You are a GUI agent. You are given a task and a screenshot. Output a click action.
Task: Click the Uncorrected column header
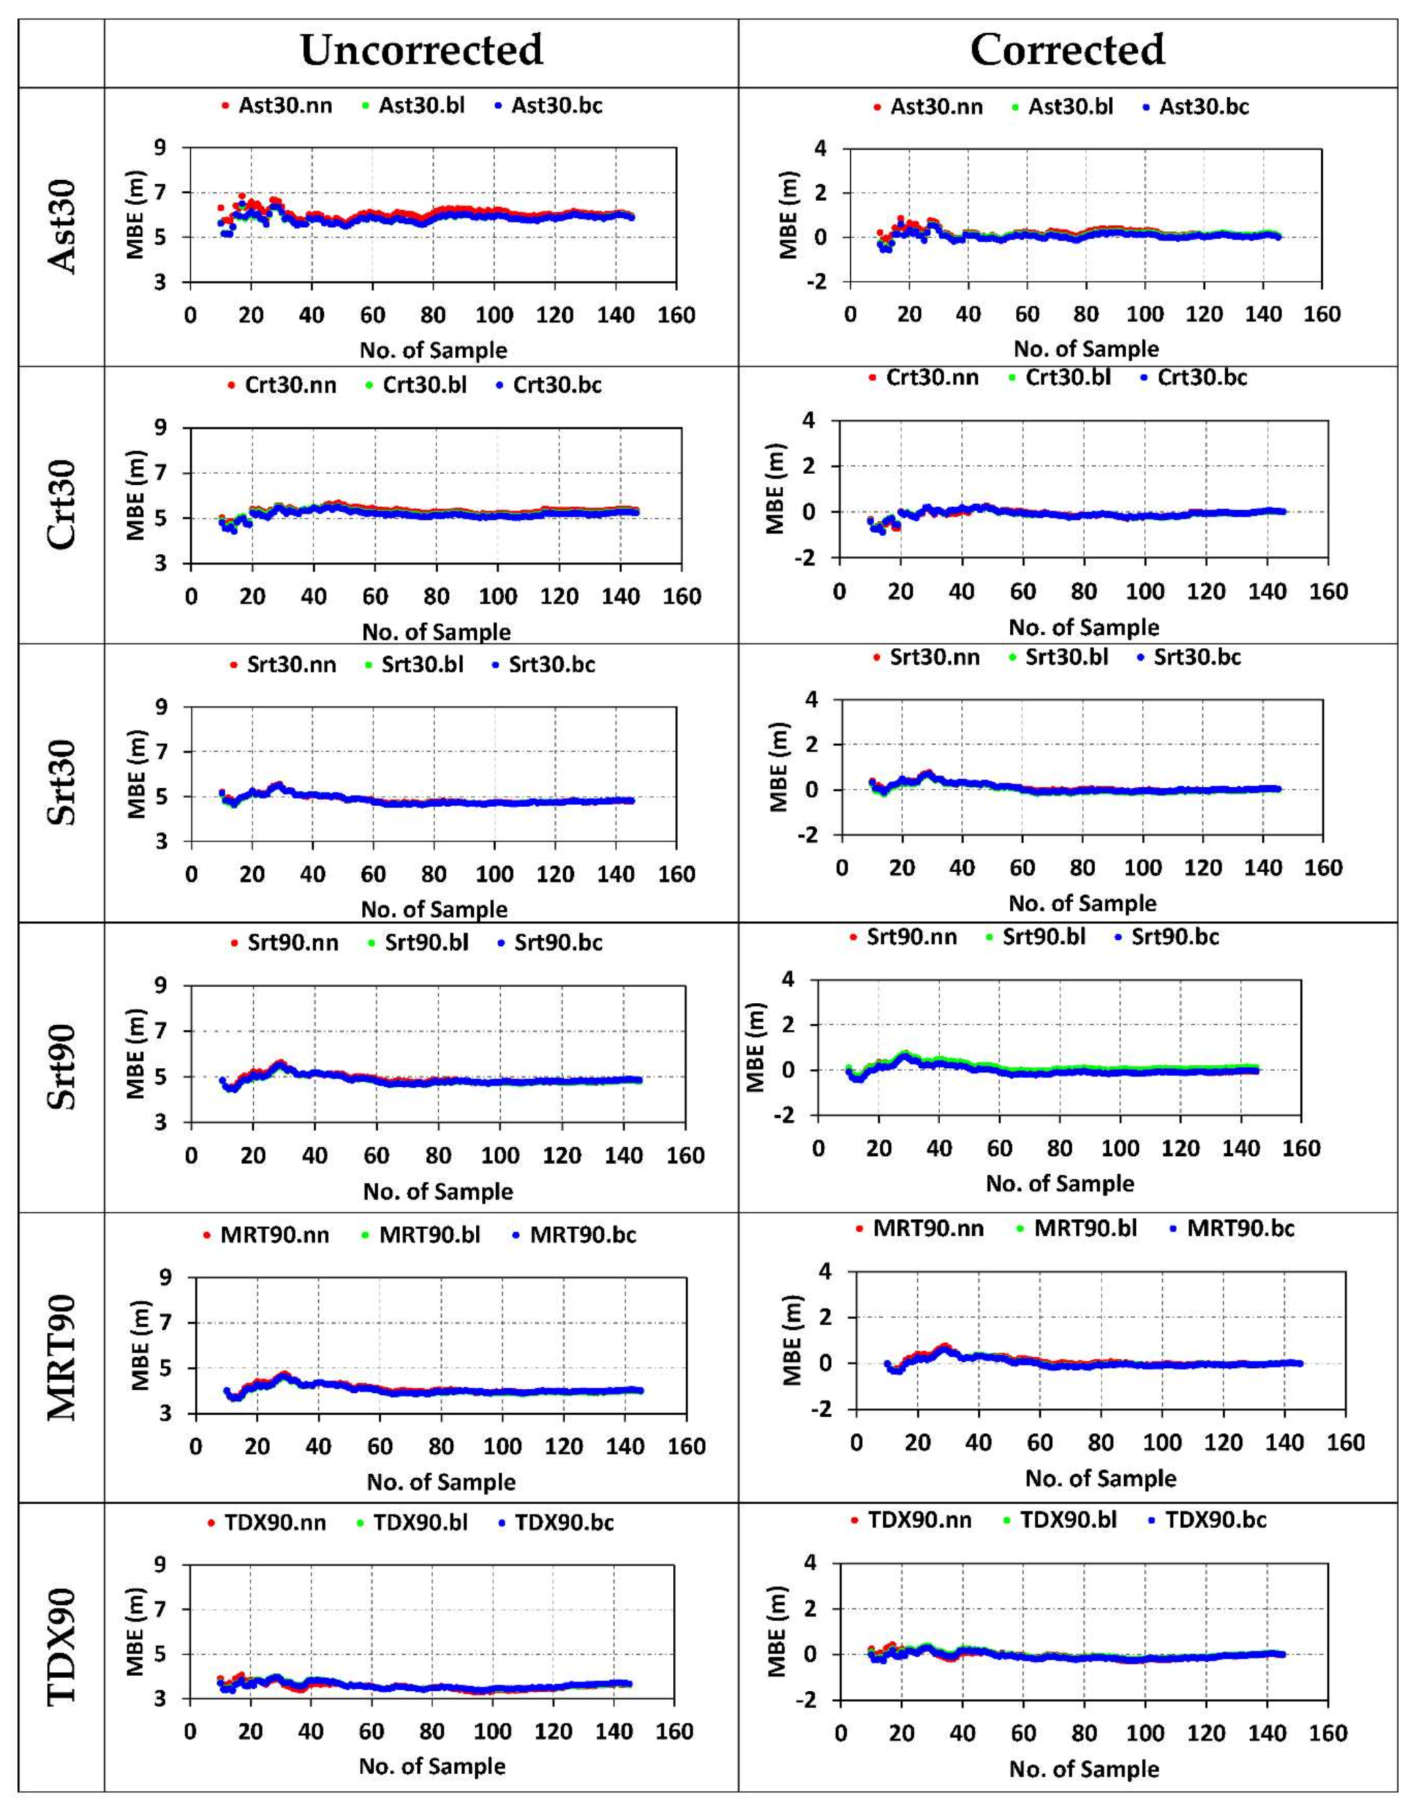point(422,50)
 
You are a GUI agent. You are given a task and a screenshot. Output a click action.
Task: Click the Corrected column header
point(1067,50)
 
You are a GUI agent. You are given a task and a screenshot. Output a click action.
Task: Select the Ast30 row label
point(62,225)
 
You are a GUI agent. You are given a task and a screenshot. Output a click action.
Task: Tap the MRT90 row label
point(62,1358)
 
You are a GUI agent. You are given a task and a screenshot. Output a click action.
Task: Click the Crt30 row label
point(62,504)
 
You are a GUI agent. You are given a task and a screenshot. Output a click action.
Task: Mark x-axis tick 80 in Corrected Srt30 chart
point(1082,868)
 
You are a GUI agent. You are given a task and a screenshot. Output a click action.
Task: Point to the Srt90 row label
point(62,1067)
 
